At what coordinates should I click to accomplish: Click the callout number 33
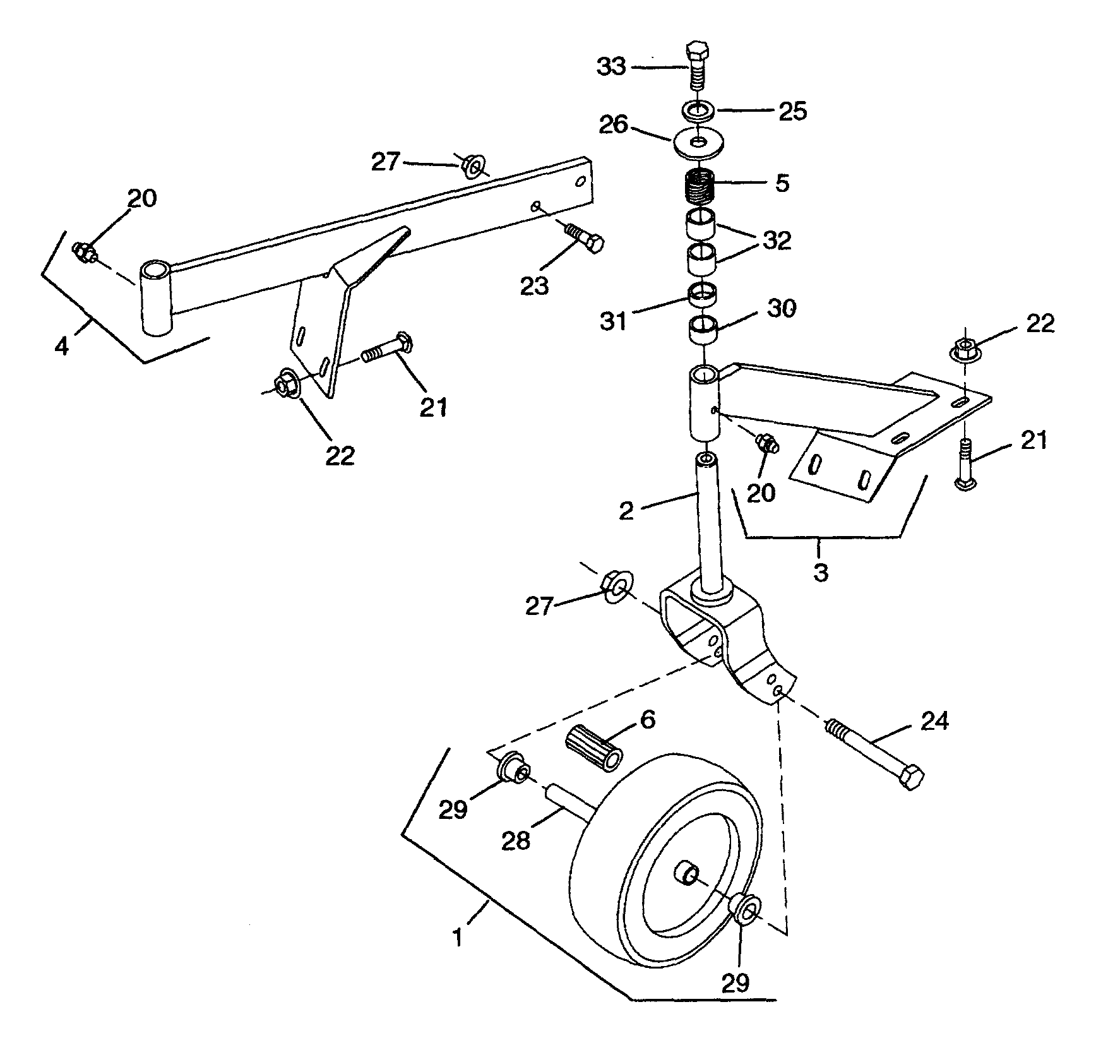tap(612, 66)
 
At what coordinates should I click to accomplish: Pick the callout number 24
tap(934, 720)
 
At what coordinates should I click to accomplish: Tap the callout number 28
tap(516, 840)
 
